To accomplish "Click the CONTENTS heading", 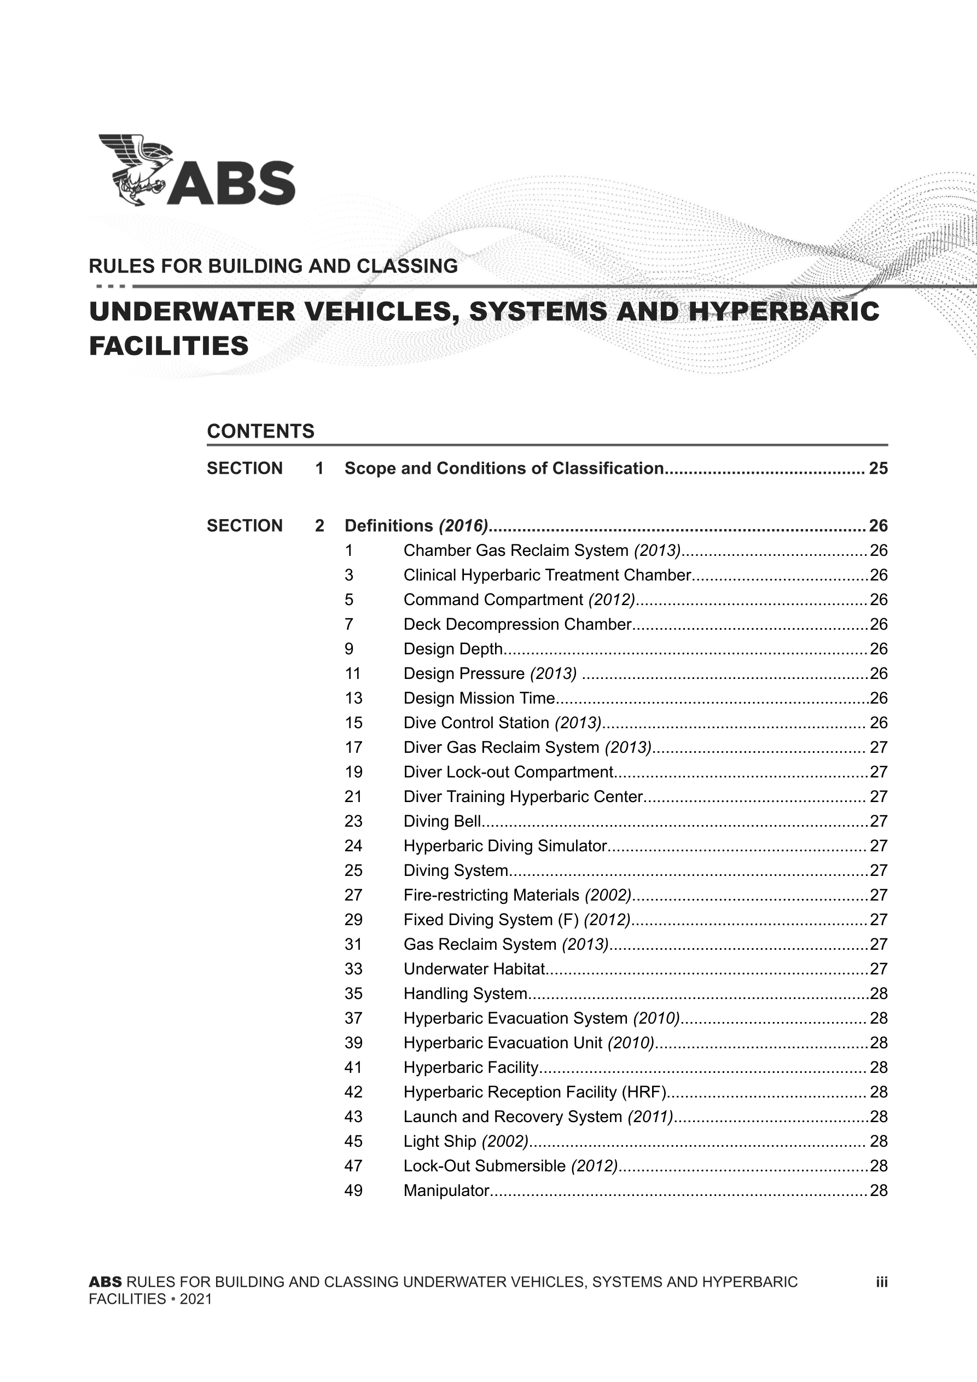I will [x=260, y=431].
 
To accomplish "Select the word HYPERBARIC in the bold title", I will [x=783, y=311].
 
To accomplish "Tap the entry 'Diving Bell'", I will [x=442, y=821].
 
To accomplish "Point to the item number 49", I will [x=353, y=1190].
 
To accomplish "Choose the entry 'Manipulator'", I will [x=446, y=1190].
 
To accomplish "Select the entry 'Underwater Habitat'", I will [x=474, y=968].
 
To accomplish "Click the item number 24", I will [x=353, y=846].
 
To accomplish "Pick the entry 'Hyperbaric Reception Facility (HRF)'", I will [x=534, y=1092].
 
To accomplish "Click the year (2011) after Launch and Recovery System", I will [x=650, y=1117].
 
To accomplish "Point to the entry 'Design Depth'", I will [x=453, y=649].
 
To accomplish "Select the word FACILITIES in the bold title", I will [x=168, y=346].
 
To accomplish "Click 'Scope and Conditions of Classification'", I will [x=503, y=468].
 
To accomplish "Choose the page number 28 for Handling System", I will [x=879, y=993].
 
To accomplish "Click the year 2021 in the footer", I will [x=196, y=1299].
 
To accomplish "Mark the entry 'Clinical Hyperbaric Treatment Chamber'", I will [x=546, y=575].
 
